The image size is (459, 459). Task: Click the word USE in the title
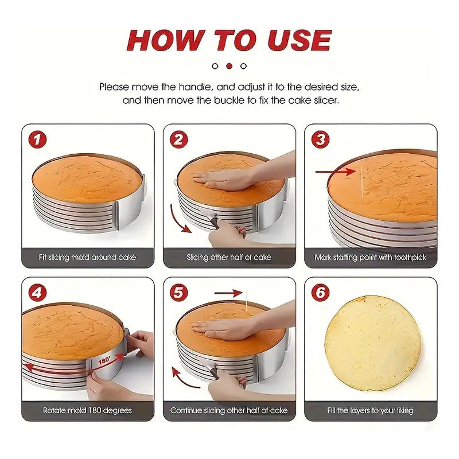299,40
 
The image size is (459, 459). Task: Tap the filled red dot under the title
229,66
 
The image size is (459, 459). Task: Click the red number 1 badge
37,139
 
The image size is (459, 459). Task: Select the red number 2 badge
178,139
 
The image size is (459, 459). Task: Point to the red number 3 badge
320,139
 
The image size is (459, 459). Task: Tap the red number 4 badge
37,293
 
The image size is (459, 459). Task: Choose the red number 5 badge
178,293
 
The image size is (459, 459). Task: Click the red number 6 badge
320,293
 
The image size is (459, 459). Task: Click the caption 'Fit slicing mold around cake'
87,257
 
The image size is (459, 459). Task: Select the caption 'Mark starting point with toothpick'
370,257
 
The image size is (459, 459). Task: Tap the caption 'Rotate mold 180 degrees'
87,410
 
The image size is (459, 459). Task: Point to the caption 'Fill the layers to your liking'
370,410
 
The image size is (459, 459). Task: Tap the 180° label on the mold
104,360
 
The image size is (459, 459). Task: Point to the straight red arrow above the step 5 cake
228,293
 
